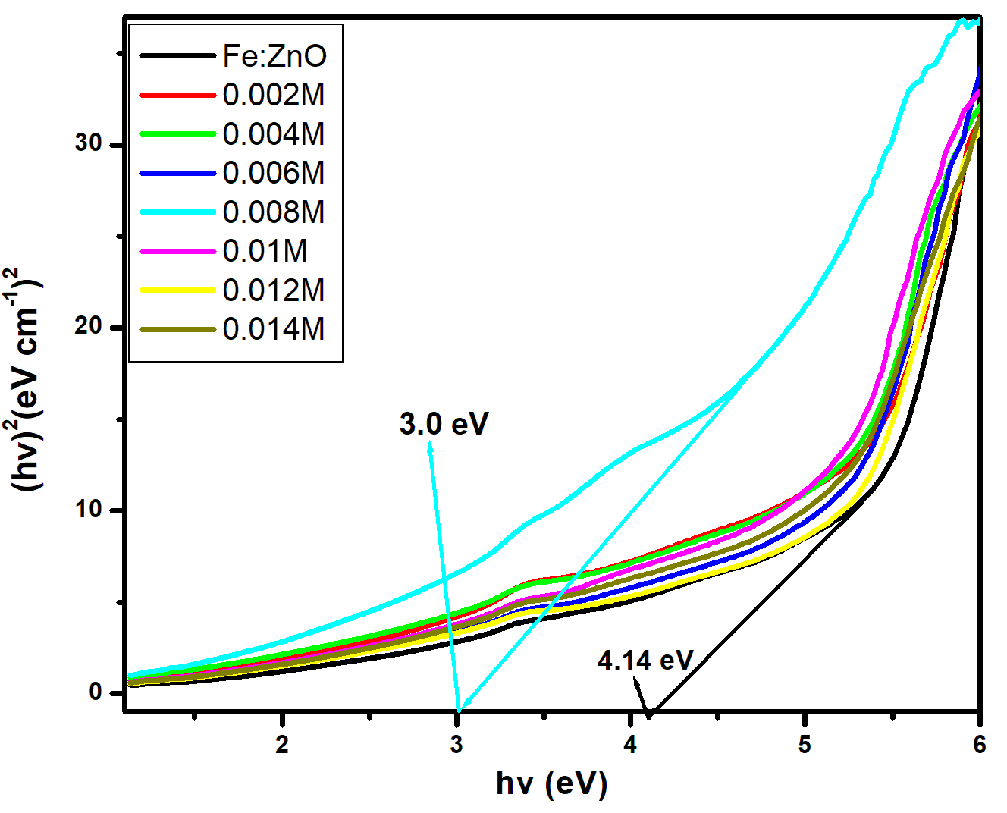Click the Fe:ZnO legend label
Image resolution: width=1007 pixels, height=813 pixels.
pyautogui.click(x=274, y=56)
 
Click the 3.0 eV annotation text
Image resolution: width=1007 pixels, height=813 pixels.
pyautogui.click(x=444, y=424)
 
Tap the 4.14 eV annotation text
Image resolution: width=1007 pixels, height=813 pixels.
pyautogui.click(x=645, y=661)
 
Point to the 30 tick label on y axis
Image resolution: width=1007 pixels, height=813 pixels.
pyautogui.click(x=89, y=143)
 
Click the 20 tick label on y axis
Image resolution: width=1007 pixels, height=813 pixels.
pyautogui.click(x=89, y=326)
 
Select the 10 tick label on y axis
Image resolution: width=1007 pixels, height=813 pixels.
pyautogui.click(x=89, y=509)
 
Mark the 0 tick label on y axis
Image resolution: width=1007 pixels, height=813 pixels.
pyautogui.click(x=96, y=692)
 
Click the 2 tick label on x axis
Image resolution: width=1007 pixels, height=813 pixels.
pyautogui.click(x=282, y=745)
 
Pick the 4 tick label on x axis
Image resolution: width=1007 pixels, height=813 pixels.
pyautogui.click(x=630, y=745)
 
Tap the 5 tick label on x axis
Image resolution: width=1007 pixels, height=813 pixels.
pyautogui.click(x=805, y=745)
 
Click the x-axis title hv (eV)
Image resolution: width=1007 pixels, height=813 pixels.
pyautogui.click(x=551, y=783)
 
